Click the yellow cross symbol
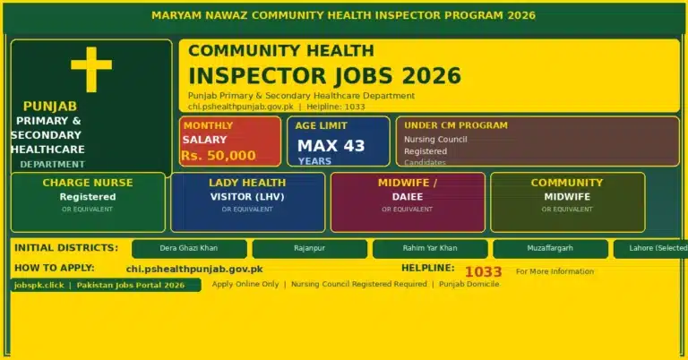(91, 68)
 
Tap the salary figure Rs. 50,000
(219, 156)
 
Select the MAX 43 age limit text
(331, 146)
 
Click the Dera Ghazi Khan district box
(188, 248)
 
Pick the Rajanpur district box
(309, 248)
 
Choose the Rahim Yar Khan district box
(430, 248)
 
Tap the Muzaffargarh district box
(550, 248)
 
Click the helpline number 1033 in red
(484, 270)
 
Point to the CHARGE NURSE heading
(88, 183)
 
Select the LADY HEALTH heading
(247, 183)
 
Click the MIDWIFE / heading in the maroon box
(408, 183)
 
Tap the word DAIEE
(408, 196)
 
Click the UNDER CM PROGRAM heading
(455, 125)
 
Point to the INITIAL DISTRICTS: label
(65, 247)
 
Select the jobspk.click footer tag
(39, 285)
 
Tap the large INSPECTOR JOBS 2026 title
(324, 75)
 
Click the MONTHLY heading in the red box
(208, 125)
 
